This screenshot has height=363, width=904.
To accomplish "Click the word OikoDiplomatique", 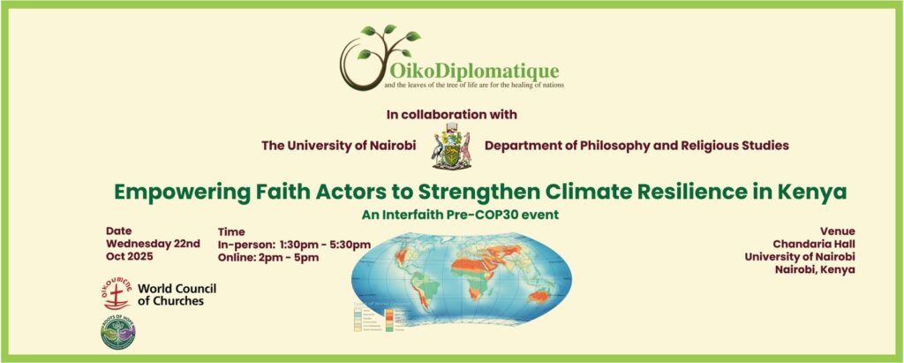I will (471, 68).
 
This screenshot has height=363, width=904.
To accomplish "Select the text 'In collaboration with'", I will (451, 114).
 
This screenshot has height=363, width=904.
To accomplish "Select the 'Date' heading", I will (118, 230).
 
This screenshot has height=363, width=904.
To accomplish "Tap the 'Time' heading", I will (231, 231).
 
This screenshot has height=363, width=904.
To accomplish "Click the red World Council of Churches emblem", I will (116, 293).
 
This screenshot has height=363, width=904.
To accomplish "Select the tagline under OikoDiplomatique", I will (473, 86).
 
